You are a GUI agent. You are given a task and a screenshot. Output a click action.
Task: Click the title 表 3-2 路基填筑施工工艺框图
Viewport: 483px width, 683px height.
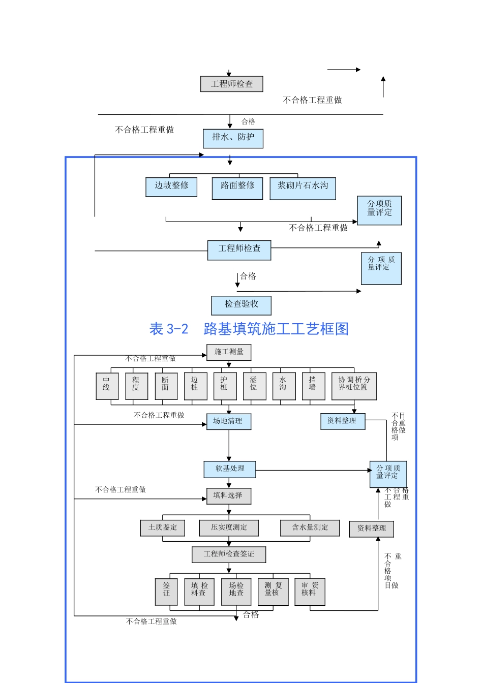point(249,329)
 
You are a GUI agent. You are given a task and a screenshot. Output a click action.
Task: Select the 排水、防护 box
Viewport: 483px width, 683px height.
point(233,138)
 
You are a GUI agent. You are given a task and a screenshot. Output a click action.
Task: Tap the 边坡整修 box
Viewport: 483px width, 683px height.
point(171,187)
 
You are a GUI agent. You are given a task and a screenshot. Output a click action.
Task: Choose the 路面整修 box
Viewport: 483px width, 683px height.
point(237,188)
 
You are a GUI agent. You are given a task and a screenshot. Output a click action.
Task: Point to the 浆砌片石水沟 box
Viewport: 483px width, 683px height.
point(303,188)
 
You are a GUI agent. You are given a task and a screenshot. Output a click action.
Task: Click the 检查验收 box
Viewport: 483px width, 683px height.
point(242,305)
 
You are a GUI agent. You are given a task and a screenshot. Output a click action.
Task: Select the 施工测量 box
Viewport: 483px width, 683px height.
point(229,352)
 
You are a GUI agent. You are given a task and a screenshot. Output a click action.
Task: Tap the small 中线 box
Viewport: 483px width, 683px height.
point(107,386)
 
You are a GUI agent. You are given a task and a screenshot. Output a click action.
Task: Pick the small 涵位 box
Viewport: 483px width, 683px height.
point(254,386)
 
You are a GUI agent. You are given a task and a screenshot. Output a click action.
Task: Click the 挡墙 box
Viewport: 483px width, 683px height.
point(313,386)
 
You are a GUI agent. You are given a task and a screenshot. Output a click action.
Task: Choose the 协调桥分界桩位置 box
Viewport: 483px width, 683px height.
point(354,386)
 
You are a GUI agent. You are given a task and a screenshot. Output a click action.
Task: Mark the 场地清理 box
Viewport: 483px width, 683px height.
point(228,421)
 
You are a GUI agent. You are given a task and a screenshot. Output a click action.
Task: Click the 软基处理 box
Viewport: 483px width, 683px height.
point(230,469)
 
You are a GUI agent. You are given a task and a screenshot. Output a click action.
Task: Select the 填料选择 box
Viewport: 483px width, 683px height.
point(229,496)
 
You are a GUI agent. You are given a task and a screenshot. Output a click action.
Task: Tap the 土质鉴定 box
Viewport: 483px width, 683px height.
point(163,527)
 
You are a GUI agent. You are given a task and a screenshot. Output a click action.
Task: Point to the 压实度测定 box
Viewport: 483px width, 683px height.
point(229,527)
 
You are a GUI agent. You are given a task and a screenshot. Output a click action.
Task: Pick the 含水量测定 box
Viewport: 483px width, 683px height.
point(310,527)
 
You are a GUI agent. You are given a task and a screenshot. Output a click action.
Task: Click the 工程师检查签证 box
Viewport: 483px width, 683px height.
point(229,554)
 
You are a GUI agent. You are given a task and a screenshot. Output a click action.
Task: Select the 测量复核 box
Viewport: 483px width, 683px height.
point(273,592)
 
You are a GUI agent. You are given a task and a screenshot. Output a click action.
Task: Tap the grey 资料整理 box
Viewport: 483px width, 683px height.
point(372,529)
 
